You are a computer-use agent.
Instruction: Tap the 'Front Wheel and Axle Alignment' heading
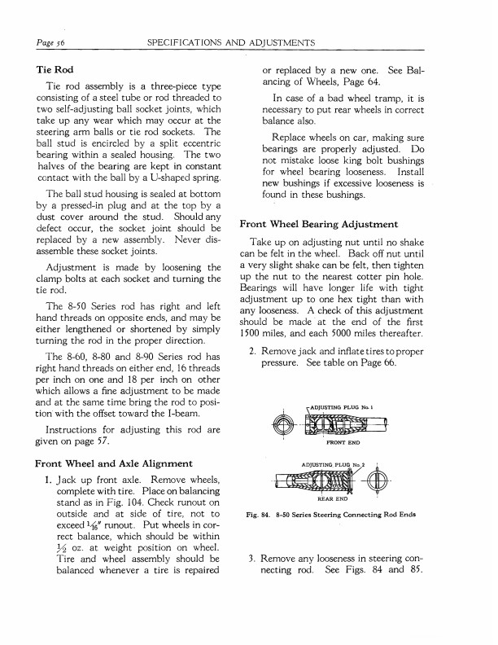116,463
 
